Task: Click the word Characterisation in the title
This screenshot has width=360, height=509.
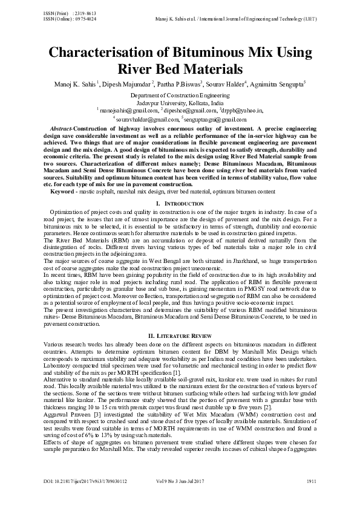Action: click(x=97, y=53)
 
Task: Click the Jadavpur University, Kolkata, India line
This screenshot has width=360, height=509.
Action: click(x=180, y=103)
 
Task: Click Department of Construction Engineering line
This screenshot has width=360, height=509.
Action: click(x=180, y=96)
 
